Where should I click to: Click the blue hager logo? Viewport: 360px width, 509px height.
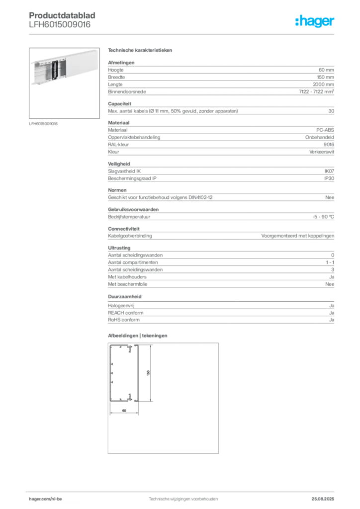pyautogui.click(x=316, y=22)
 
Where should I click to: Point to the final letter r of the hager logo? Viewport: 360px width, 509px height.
pyautogui.click(x=334, y=23)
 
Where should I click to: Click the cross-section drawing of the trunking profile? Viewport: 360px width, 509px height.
pyautogui.click(x=124, y=373)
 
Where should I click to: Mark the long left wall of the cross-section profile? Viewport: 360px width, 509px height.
pyautogui.click(x=111, y=373)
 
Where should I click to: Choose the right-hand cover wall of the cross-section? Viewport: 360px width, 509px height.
pyautogui.click(x=137, y=373)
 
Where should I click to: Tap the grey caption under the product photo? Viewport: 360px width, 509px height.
pyautogui.click(x=44, y=123)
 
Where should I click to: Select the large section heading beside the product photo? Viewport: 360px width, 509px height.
pyautogui.click(x=141, y=51)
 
